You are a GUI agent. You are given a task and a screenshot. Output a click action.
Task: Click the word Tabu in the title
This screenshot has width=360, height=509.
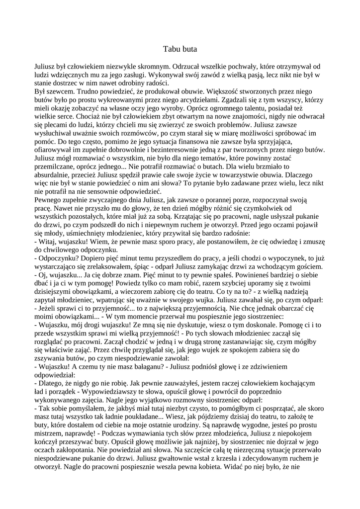(171, 49)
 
